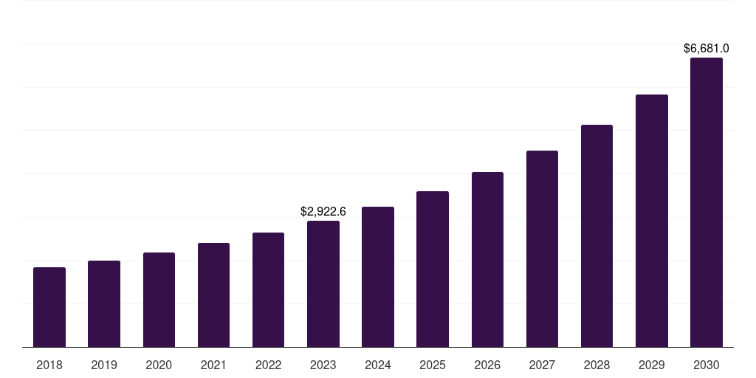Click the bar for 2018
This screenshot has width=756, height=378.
pyautogui.click(x=49, y=307)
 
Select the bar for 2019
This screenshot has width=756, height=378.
pyautogui.click(x=104, y=303)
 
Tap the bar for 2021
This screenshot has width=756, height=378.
pyautogui.click(x=213, y=295)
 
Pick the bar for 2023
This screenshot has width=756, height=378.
pyautogui.click(x=323, y=283)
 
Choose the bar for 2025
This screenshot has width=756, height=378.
pyautogui.click(x=433, y=269)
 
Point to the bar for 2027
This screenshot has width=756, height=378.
pyautogui.click(x=542, y=249)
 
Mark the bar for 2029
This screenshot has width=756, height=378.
pyautogui.click(x=652, y=221)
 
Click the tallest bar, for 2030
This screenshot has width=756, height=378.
pyautogui.click(x=707, y=202)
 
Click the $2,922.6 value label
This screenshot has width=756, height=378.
pyautogui.click(x=323, y=211)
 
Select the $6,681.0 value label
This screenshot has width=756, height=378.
pyautogui.click(x=707, y=49)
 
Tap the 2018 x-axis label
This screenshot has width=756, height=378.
pyautogui.click(x=49, y=365)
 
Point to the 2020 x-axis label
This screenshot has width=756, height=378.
pyautogui.click(x=159, y=365)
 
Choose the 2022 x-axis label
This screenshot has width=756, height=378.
pyautogui.click(x=268, y=365)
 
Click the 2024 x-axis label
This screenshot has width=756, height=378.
pyautogui.click(x=378, y=365)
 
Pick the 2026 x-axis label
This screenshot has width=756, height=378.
pyautogui.click(x=487, y=365)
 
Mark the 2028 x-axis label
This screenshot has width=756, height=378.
pyautogui.click(x=597, y=365)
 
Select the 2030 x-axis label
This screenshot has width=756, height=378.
pyautogui.click(x=707, y=365)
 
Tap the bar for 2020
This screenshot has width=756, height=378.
pyautogui.click(x=159, y=300)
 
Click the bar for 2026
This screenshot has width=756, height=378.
pyautogui.click(x=487, y=259)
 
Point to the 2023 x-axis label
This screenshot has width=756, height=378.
pyautogui.click(x=323, y=365)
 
